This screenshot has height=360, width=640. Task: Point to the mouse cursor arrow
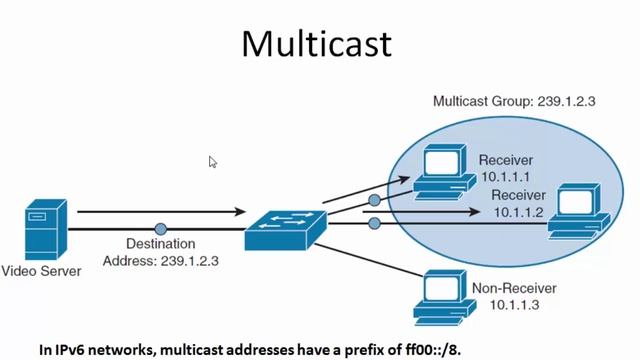[x=212, y=161]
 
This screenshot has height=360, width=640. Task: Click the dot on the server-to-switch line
[x=160, y=229]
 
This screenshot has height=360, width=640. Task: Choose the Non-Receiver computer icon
[x=439, y=291]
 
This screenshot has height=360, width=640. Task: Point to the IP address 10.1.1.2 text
[x=518, y=213]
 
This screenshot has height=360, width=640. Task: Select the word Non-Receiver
[x=510, y=286]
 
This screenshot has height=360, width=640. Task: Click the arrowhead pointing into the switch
[x=239, y=212]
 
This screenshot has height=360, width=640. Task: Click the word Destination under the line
[x=160, y=244]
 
